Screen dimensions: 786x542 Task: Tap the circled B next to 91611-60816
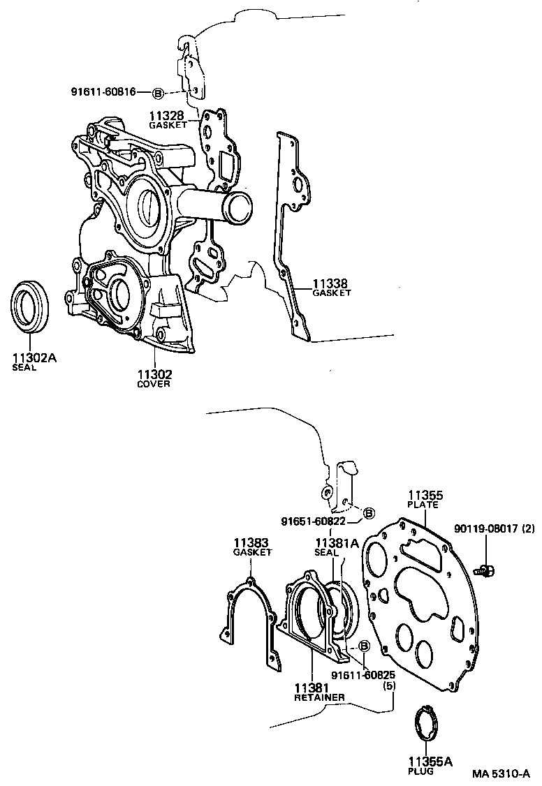pos(158,93)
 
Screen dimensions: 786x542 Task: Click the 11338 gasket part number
pos(330,283)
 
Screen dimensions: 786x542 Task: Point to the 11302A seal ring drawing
pos(31,304)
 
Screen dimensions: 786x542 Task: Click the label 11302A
pos(34,358)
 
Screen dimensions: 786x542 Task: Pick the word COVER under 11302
pos(154,384)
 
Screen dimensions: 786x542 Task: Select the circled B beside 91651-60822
pos(369,514)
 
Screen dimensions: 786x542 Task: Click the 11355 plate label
pos(425,496)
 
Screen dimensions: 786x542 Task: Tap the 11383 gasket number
pos(251,542)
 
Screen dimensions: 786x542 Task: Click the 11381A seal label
pos(337,543)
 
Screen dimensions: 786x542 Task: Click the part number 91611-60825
pos(363,675)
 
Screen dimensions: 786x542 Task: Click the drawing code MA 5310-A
pos(501,773)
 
